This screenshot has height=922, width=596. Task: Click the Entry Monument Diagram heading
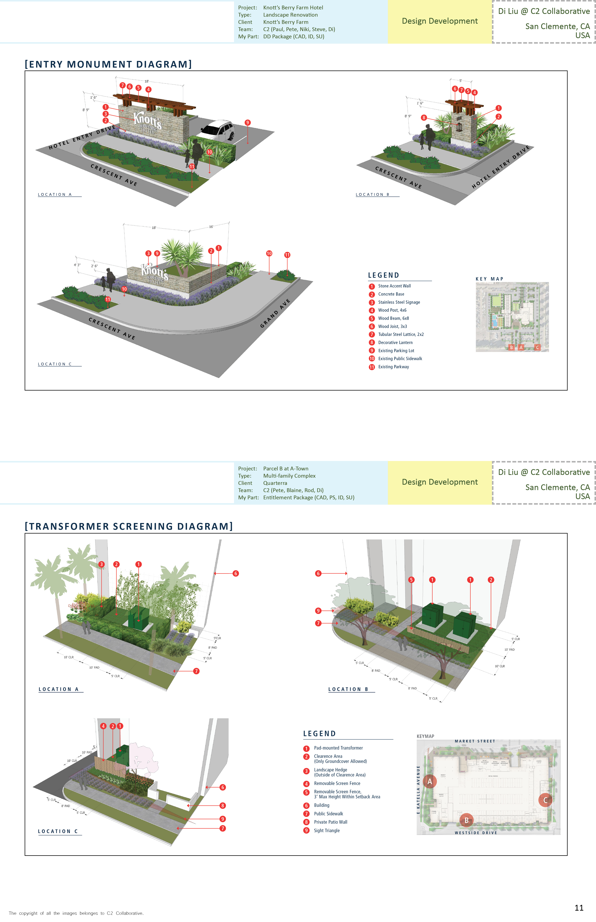tap(108, 64)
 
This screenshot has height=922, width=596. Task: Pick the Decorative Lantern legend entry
tap(395, 342)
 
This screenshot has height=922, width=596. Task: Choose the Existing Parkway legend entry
tap(393, 367)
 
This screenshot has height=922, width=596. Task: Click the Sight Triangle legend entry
tap(327, 831)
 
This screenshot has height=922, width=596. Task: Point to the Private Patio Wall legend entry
tap(331, 822)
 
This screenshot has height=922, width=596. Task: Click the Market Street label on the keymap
tap(475, 741)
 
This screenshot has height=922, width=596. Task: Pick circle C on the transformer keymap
tap(545, 800)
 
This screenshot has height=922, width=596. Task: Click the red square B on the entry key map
tap(511, 347)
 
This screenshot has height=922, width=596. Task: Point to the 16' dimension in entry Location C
tap(211, 227)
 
